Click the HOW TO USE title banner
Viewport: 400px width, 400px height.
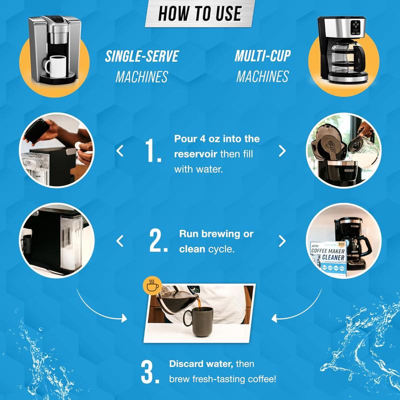pos(199,13)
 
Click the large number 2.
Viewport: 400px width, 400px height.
pos(157,241)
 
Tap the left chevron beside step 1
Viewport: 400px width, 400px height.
pos(120,150)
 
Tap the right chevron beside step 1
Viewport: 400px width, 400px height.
pos(282,150)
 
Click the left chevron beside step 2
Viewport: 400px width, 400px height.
pos(120,241)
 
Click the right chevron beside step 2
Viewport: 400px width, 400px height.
pos(282,241)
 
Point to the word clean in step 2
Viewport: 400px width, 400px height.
pos(192,248)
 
